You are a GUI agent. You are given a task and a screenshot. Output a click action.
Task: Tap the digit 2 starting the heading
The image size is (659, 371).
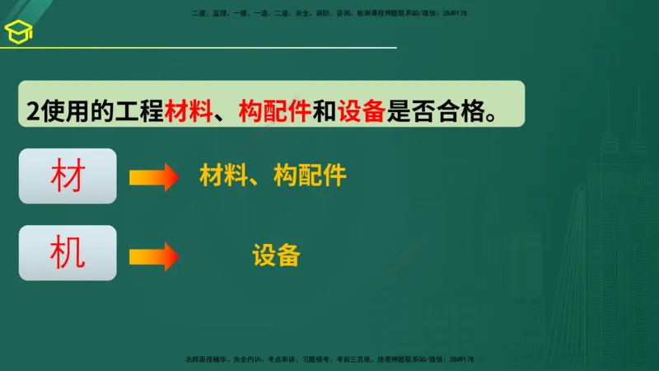point(31,110)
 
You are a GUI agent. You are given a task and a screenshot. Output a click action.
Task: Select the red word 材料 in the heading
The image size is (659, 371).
point(187,110)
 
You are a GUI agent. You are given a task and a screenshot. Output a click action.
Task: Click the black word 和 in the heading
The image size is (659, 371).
point(324,110)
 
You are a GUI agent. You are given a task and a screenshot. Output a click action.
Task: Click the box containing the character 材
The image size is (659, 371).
point(68,176)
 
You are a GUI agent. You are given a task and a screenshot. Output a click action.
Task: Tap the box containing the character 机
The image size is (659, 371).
point(68,253)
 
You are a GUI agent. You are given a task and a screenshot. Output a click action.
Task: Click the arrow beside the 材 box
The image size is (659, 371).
point(154,177)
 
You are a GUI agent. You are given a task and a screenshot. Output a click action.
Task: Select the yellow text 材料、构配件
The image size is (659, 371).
point(273,176)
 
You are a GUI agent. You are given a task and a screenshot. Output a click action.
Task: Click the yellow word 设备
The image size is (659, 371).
point(276,256)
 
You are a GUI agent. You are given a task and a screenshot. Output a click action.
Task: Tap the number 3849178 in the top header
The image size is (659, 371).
point(455,13)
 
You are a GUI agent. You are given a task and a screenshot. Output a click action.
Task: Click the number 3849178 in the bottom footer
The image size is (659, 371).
point(460,360)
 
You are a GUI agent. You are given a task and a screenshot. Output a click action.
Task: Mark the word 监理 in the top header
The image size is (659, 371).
point(220,13)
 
